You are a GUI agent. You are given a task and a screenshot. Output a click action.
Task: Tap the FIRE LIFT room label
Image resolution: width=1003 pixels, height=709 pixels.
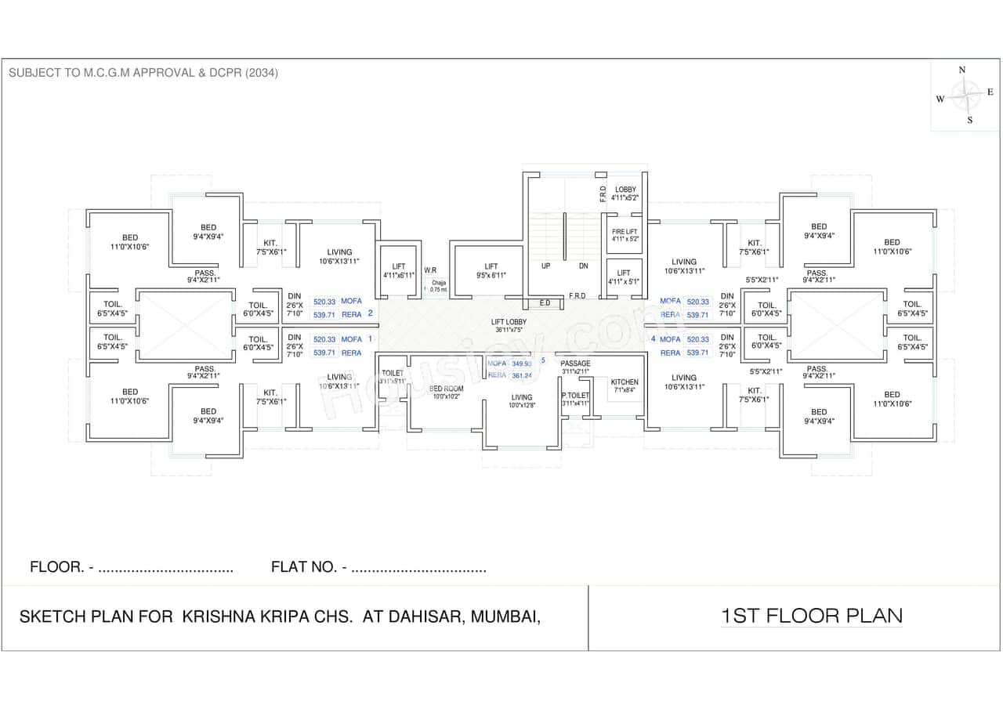625,233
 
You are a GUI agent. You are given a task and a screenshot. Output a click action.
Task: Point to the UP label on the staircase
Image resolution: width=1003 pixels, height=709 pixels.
545,266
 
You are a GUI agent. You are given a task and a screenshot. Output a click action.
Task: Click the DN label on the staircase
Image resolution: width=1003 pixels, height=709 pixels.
583,266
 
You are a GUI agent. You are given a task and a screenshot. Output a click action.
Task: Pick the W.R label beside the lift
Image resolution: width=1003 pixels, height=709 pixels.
430,270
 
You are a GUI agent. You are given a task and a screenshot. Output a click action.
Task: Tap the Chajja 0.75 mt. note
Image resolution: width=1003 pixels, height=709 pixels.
438,286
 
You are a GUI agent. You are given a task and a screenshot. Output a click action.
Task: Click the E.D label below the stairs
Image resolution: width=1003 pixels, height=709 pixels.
545,302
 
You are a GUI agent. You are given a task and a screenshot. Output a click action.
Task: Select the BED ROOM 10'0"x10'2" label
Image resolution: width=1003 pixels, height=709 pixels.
446,392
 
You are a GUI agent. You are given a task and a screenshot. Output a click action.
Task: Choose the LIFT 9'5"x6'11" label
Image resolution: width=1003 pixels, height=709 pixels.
491,271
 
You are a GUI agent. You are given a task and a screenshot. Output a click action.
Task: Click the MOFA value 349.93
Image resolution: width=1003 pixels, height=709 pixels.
521,364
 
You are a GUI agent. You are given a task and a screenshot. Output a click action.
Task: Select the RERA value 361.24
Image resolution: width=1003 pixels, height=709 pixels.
521,376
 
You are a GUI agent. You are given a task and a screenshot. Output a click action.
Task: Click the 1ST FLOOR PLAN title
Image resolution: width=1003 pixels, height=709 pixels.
811,616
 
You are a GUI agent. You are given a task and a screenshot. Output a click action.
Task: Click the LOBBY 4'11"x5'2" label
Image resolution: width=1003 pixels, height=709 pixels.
625,194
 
